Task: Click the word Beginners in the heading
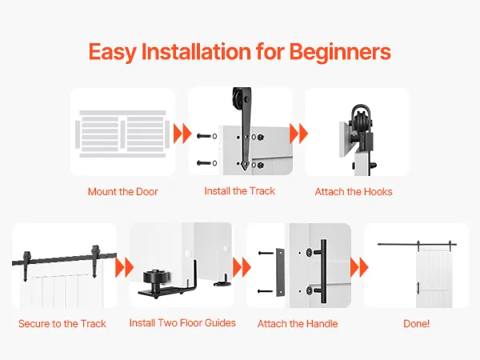tap(340, 51)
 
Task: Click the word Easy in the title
tap(112, 52)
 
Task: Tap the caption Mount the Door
tap(122, 192)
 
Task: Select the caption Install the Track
tap(240, 191)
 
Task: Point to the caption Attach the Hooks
tap(354, 192)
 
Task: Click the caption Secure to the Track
tap(62, 323)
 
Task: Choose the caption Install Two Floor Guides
tap(182, 322)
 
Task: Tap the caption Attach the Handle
tap(298, 323)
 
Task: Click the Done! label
tap(416, 323)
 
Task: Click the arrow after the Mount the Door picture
tap(182, 134)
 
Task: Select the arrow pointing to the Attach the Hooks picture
tap(298, 134)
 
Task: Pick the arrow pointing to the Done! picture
tap(359, 267)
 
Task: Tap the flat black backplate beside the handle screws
tap(280, 272)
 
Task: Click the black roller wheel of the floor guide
tap(156, 278)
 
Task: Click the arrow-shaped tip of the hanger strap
tap(245, 166)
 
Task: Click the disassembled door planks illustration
tap(122, 134)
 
